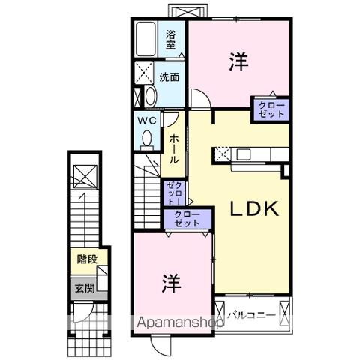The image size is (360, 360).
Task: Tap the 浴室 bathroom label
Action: click(x=172, y=37)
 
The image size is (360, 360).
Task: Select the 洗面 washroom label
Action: click(x=169, y=77)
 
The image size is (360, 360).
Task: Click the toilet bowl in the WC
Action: click(x=147, y=138)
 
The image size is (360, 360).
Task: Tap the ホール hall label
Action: click(x=173, y=150)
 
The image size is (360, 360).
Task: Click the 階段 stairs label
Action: click(x=86, y=259)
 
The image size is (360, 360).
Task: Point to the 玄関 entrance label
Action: click(x=84, y=287)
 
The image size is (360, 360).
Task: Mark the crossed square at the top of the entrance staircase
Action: click(x=84, y=175)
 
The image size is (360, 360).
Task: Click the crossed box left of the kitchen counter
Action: click(x=223, y=154)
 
